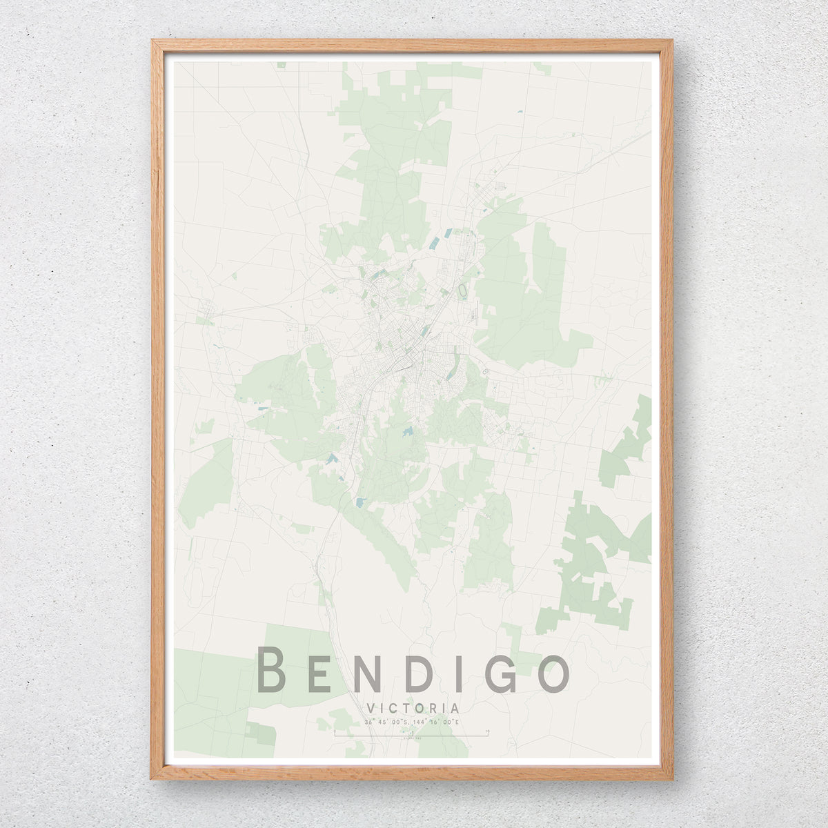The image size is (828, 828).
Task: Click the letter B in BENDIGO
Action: [x=271, y=670]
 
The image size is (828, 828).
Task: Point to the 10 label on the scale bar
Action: [x=488, y=731]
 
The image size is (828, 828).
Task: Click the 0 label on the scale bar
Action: [x=334, y=731]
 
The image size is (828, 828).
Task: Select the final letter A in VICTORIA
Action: [x=455, y=709]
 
